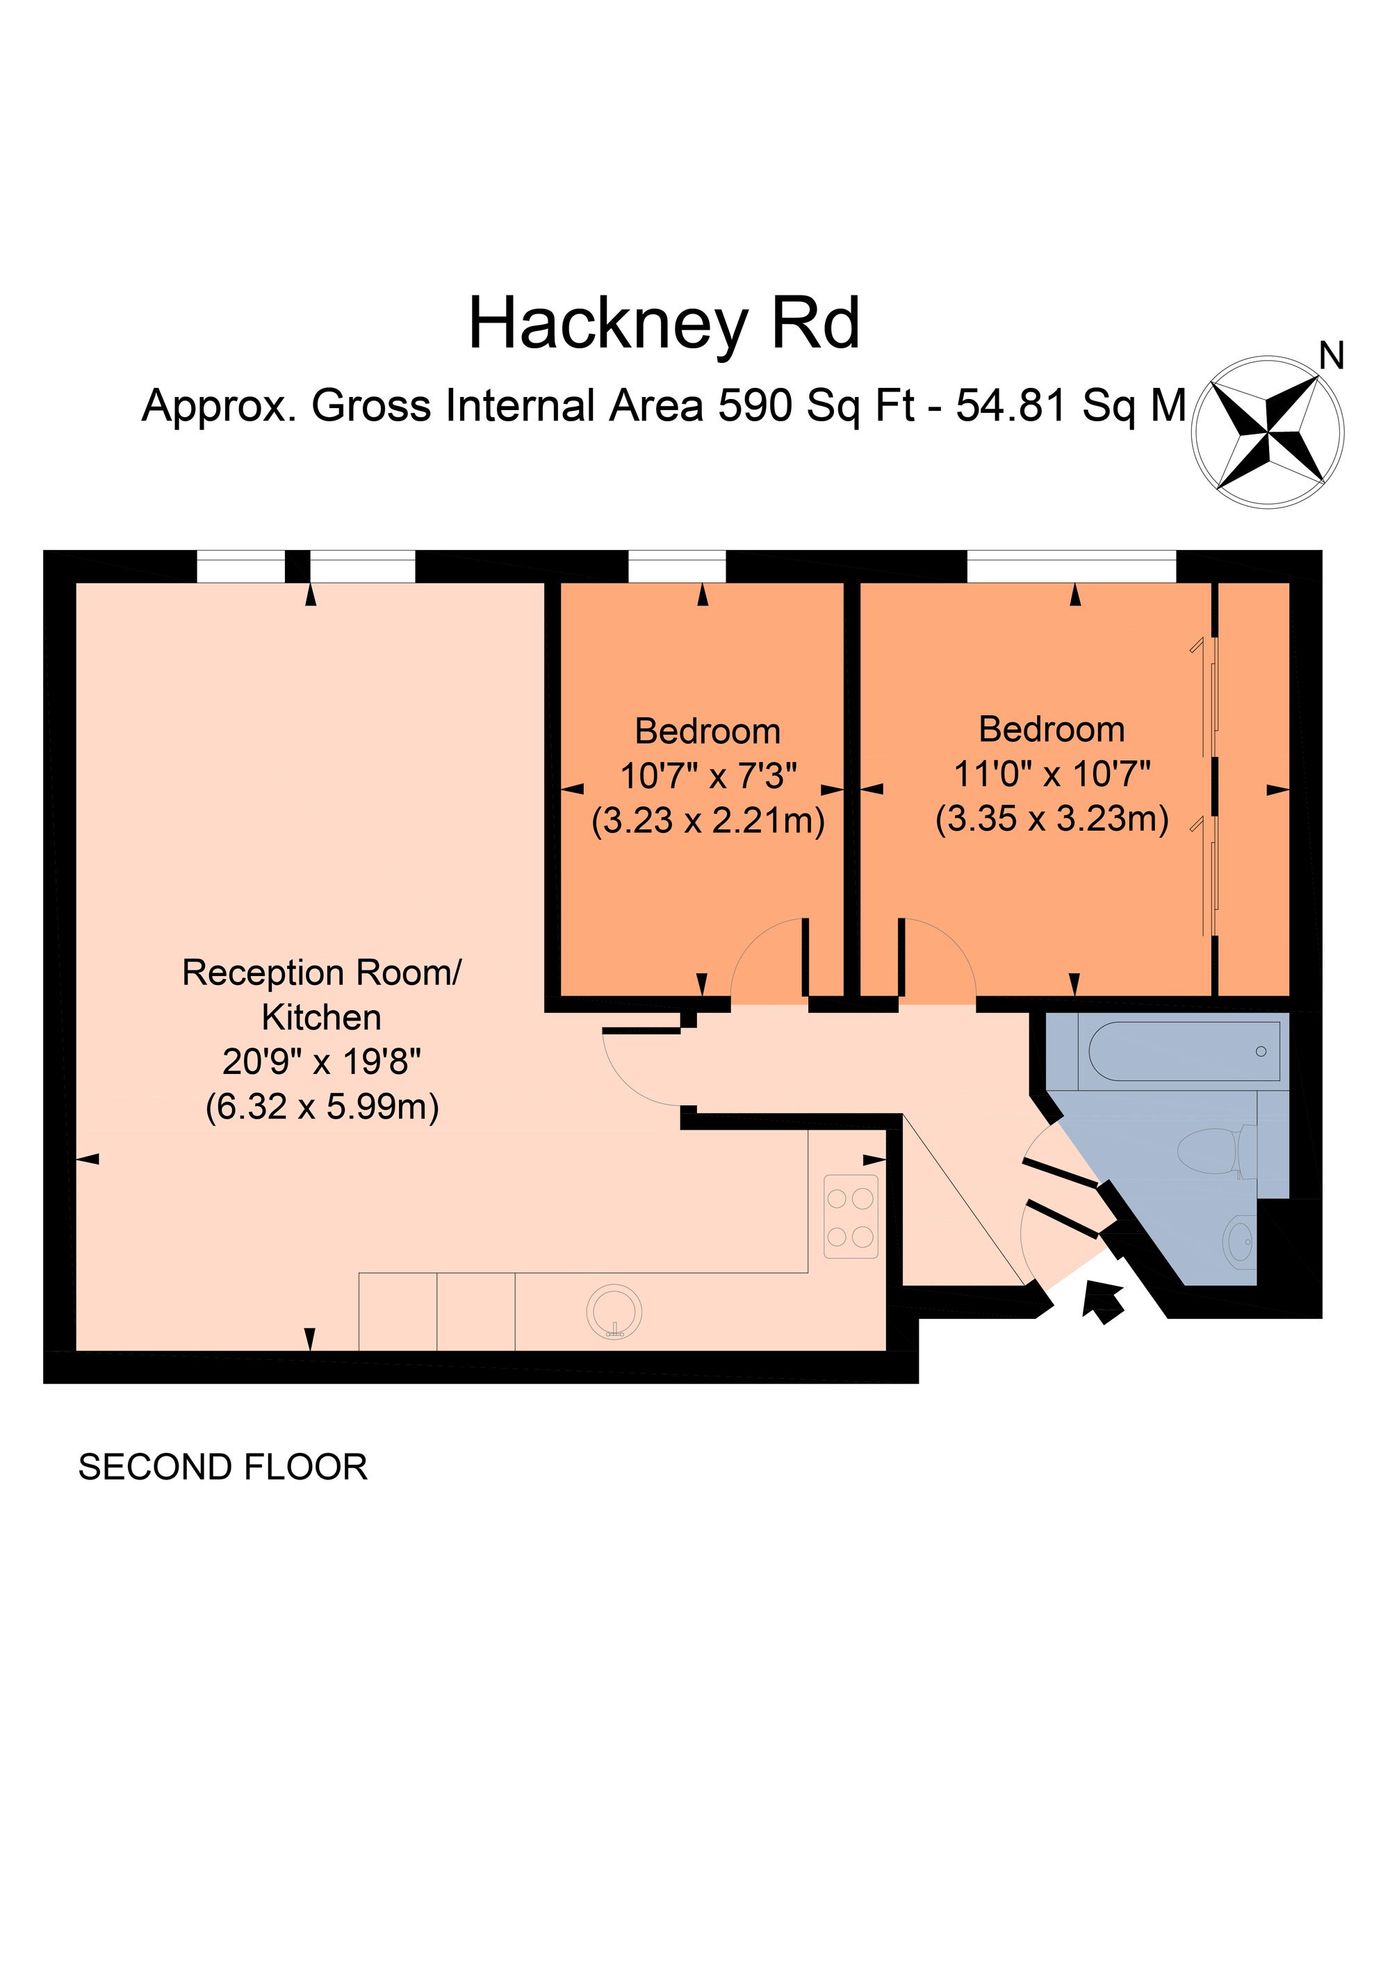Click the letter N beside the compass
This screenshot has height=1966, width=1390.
click(1332, 355)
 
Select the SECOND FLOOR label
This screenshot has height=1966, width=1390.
click(222, 1467)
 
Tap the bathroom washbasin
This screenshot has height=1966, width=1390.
click(1239, 1241)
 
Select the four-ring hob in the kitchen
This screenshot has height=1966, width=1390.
click(851, 1216)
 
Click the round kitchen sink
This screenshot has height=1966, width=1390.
click(614, 1311)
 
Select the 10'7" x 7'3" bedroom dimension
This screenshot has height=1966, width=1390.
click(708, 776)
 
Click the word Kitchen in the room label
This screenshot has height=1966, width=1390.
click(321, 1017)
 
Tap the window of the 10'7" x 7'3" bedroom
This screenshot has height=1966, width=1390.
click(677, 567)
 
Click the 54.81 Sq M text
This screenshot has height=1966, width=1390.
click(1070, 405)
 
